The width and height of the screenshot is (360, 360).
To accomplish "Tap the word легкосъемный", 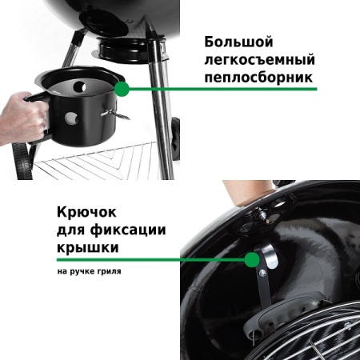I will coord(258,60).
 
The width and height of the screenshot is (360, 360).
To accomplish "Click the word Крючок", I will coord(88,213).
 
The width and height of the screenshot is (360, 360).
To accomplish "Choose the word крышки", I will coord(88,248).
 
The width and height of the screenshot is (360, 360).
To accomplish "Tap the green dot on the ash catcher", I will coord(121,89).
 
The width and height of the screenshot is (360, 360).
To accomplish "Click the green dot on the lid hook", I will coord(253,260).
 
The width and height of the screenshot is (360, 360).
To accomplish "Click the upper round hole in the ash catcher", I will coord(78,86).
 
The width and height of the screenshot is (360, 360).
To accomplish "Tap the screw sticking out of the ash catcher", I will coord(118,117).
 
